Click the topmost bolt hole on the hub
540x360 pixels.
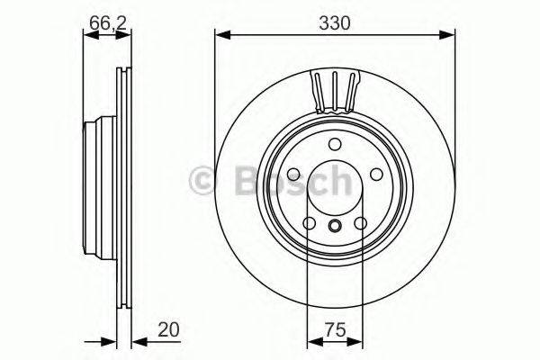[334, 145]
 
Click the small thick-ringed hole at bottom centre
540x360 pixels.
[334, 226]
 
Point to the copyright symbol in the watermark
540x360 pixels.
[202, 181]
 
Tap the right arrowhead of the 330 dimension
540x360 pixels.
[449, 35]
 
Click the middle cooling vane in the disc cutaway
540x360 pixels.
[334, 90]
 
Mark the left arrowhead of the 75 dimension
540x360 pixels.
[313, 342]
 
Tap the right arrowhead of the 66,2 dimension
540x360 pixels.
[114, 35]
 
